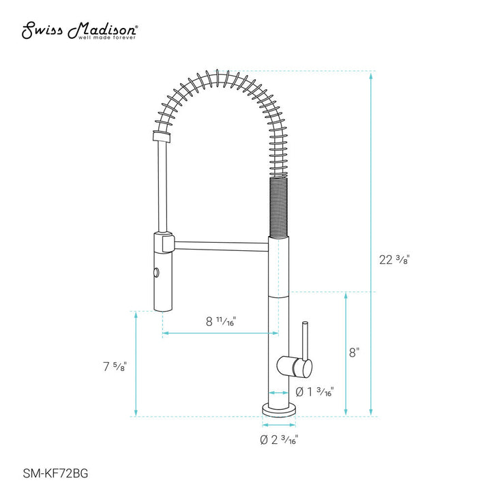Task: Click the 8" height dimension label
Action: pos(354,353)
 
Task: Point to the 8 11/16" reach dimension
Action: pos(220,321)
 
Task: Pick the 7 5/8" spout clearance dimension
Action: pos(110,366)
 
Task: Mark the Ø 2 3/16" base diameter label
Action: pos(278,440)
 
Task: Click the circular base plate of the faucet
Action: pos(278,411)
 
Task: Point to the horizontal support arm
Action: pos(222,240)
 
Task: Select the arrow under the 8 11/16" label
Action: pos(220,333)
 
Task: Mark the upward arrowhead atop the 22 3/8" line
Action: pos(371,74)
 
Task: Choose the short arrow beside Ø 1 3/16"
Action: pos(278,393)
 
